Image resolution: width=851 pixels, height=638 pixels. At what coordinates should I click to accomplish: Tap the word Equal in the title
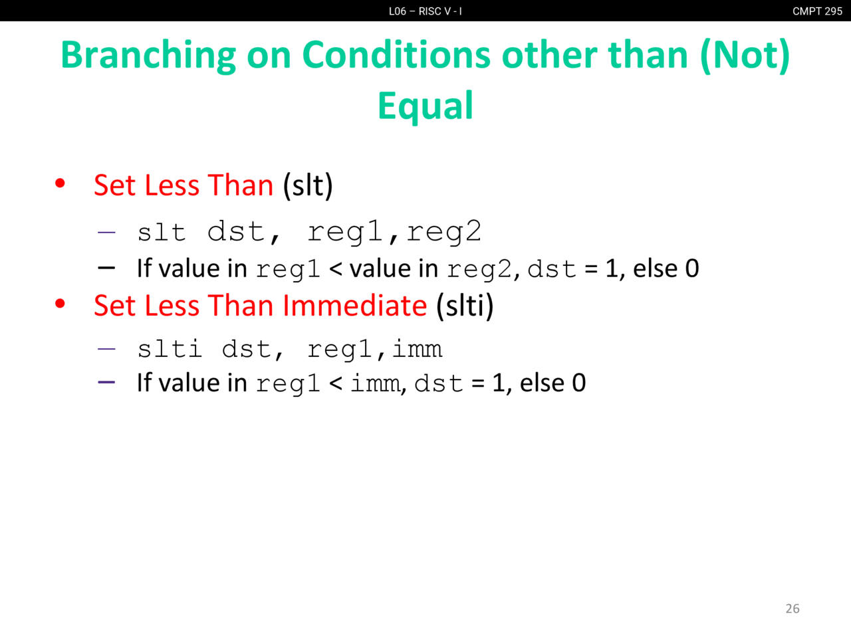pyautogui.click(x=425, y=106)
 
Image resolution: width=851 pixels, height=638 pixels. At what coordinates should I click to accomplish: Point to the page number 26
pyautogui.click(x=792, y=609)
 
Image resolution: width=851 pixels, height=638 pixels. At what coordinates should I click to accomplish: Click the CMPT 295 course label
pyautogui.click(x=817, y=11)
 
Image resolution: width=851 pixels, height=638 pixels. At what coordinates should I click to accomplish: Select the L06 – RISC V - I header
pyautogui.click(x=425, y=11)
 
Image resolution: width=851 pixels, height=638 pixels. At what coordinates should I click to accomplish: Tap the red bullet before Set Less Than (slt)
pyautogui.click(x=60, y=183)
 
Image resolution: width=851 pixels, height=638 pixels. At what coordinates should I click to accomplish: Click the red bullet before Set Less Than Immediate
pyautogui.click(x=60, y=303)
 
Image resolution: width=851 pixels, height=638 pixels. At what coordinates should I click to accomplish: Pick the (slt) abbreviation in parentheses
pyautogui.click(x=308, y=185)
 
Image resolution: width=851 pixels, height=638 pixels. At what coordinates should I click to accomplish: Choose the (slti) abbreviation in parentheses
pyautogui.click(x=465, y=306)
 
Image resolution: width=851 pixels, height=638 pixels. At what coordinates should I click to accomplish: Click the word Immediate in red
pyautogui.click(x=355, y=305)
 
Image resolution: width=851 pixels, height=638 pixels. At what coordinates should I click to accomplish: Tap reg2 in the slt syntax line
pyautogui.click(x=444, y=232)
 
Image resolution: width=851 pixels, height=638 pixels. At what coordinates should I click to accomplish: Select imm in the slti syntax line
pyautogui.click(x=417, y=349)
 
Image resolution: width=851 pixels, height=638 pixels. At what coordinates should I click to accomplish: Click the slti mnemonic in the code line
pyautogui.click(x=170, y=348)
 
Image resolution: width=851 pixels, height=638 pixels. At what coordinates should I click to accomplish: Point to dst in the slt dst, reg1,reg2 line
pyautogui.click(x=236, y=232)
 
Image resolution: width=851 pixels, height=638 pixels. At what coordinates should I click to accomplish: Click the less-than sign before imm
pyautogui.click(x=336, y=383)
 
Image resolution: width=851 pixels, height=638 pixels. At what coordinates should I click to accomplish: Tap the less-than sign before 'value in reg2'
pyautogui.click(x=336, y=269)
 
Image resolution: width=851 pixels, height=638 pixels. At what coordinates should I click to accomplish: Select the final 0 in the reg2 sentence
pyautogui.click(x=692, y=268)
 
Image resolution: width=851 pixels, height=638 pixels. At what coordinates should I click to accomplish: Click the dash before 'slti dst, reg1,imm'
pyautogui.click(x=106, y=349)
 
